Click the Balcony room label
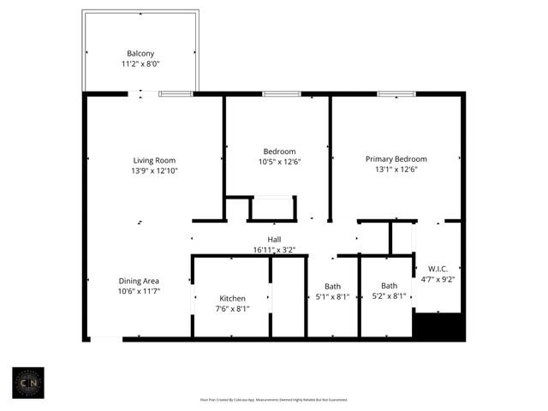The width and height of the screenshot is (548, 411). pos(140,52)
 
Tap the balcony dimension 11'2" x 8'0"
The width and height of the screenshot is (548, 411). pos(140,63)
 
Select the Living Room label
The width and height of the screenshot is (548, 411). pos(154,160)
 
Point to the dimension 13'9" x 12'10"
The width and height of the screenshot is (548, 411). pos(154,170)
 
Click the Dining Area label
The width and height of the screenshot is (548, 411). pos(139,281)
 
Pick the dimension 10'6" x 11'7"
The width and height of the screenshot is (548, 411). pos(139,291)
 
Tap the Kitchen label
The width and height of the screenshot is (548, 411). pos(231,299)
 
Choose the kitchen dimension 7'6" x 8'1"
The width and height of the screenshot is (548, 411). pos(231,309)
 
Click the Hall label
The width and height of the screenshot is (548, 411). pos(274,240)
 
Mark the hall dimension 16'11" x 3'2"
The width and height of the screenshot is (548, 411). pos(274,250)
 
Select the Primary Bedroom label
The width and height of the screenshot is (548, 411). pos(396,159)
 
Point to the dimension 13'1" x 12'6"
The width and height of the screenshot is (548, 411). pos(396,170)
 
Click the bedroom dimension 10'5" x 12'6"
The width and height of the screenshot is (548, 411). pos(279,162)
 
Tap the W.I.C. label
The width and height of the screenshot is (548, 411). pos(438,268)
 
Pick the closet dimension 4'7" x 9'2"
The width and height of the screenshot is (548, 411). pos(438,278)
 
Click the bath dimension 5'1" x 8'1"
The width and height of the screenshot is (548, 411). pos(333,297)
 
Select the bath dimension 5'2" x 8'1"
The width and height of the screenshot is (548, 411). pos(389,296)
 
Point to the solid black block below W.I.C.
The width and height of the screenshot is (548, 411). pos(438,325)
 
